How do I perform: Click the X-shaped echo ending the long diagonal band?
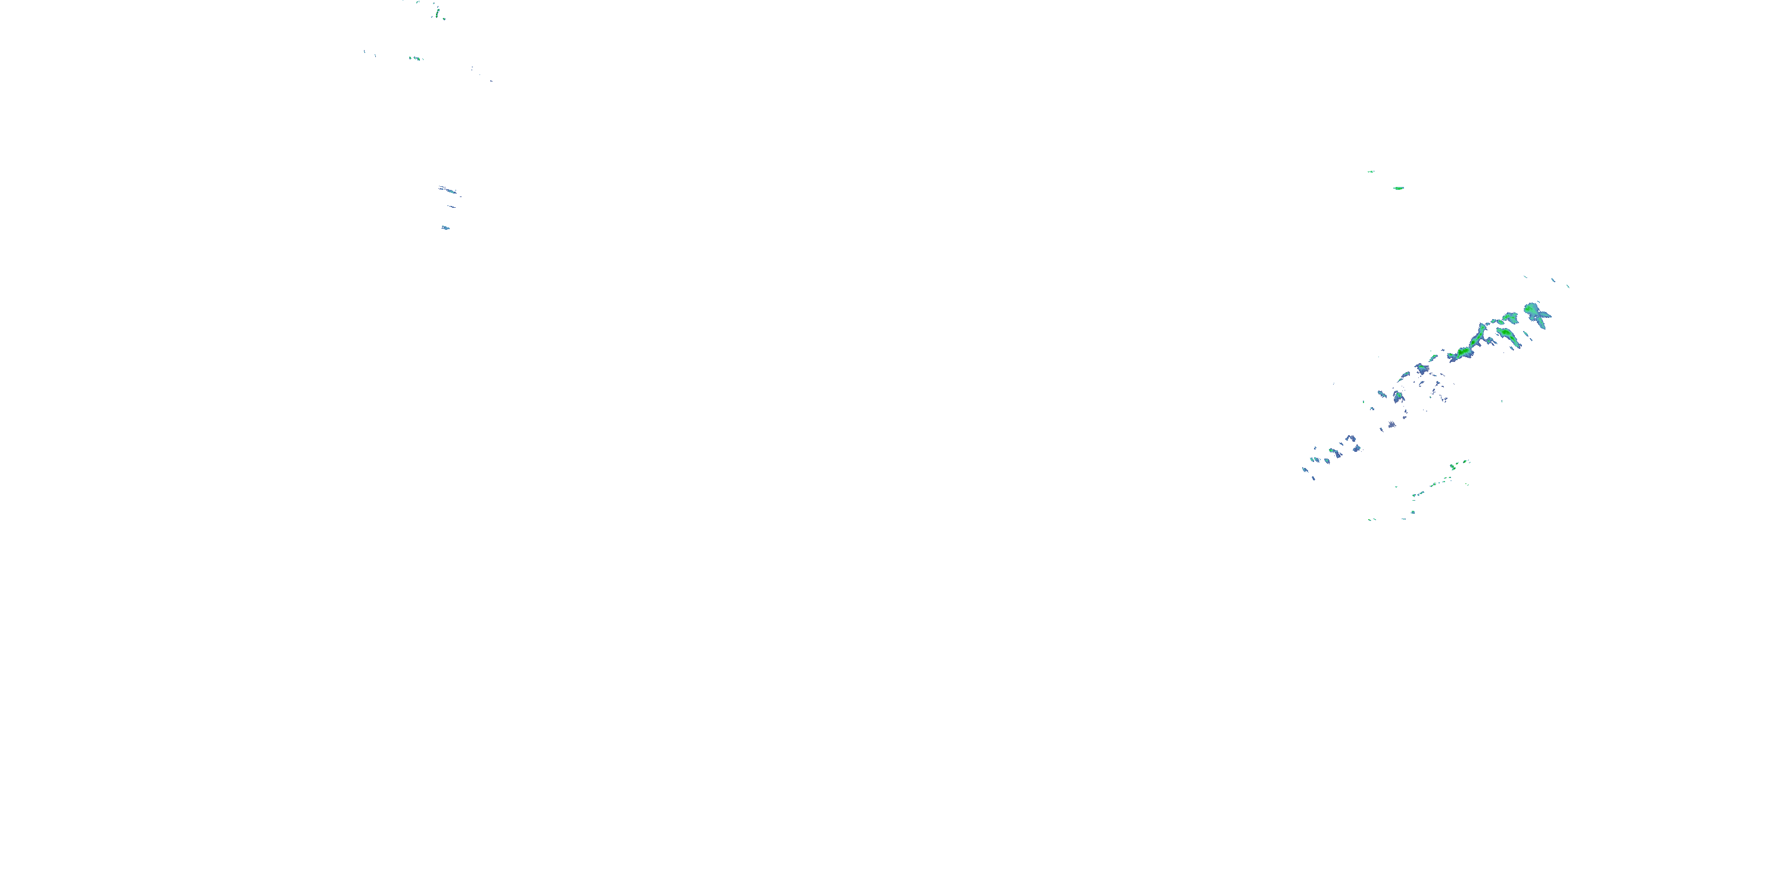(1537, 313)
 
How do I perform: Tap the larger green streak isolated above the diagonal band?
(1399, 188)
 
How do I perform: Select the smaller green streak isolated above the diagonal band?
(1371, 171)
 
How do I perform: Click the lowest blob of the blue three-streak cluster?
(446, 227)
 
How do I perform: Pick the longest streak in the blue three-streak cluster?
(449, 190)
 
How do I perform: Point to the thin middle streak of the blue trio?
(452, 207)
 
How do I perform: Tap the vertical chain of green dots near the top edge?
(437, 11)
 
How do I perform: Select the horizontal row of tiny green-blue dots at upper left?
(416, 58)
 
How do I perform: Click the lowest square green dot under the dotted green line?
(1413, 513)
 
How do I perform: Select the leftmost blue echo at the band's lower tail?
(1306, 470)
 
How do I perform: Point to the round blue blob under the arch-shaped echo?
(1356, 448)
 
